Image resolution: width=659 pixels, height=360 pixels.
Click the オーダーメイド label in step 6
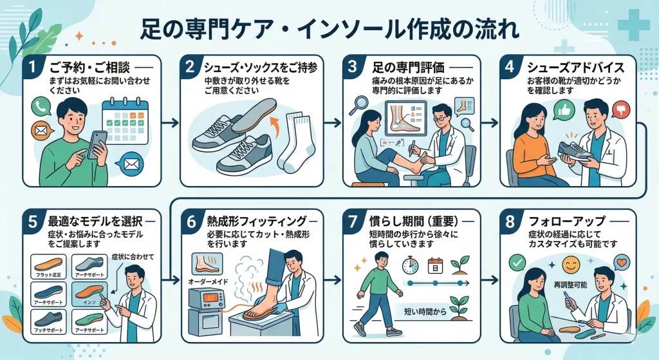[207, 282]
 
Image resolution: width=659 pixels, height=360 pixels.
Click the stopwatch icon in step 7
[410, 264]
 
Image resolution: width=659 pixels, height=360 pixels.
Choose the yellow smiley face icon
[570, 264]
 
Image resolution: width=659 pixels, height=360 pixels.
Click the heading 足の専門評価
[414, 66]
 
